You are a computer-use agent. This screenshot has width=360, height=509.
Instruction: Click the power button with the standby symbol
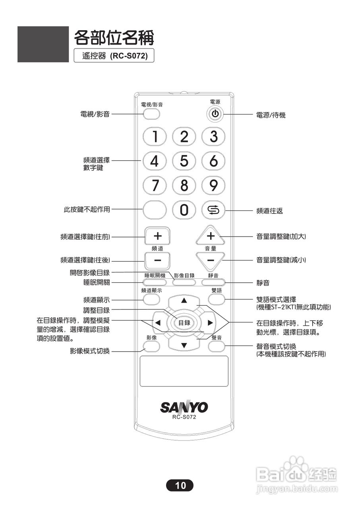pyautogui.click(x=215, y=114)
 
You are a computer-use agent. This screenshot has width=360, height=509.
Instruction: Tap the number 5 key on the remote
pyautogui.click(x=184, y=161)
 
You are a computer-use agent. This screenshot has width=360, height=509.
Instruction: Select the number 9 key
pyautogui.click(x=213, y=185)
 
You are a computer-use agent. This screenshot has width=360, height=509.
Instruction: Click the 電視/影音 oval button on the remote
pyautogui.click(x=151, y=114)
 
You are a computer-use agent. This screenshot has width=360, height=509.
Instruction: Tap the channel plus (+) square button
pyautogui.click(x=157, y=236)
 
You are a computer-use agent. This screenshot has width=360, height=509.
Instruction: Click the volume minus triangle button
pyautogui.click(x=211, y=260)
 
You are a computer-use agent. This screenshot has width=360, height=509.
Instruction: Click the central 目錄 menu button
pyautogui.click(x=184, y=322)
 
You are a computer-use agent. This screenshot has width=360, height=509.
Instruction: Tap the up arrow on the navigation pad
pyautogui.click(x=184, y=300)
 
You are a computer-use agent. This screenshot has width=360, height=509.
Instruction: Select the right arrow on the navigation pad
pyautogui.click(x=211, y=322)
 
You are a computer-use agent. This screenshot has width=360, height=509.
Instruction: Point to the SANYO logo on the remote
pyautogui.click(x=184, y=407)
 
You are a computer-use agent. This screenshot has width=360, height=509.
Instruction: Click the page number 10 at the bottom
pyautogui.click(x=180, y=485)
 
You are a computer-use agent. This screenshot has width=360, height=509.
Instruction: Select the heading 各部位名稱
pyautogui.click(x=114, y=38)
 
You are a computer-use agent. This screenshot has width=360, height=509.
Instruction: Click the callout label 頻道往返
pyautogui.click(x=269, y=211)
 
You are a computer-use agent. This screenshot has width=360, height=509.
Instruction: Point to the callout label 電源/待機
pyautogui.click(x=271, y=115)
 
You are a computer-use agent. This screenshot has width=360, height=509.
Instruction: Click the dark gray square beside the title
pyautogui.click(x=43, y=44)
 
